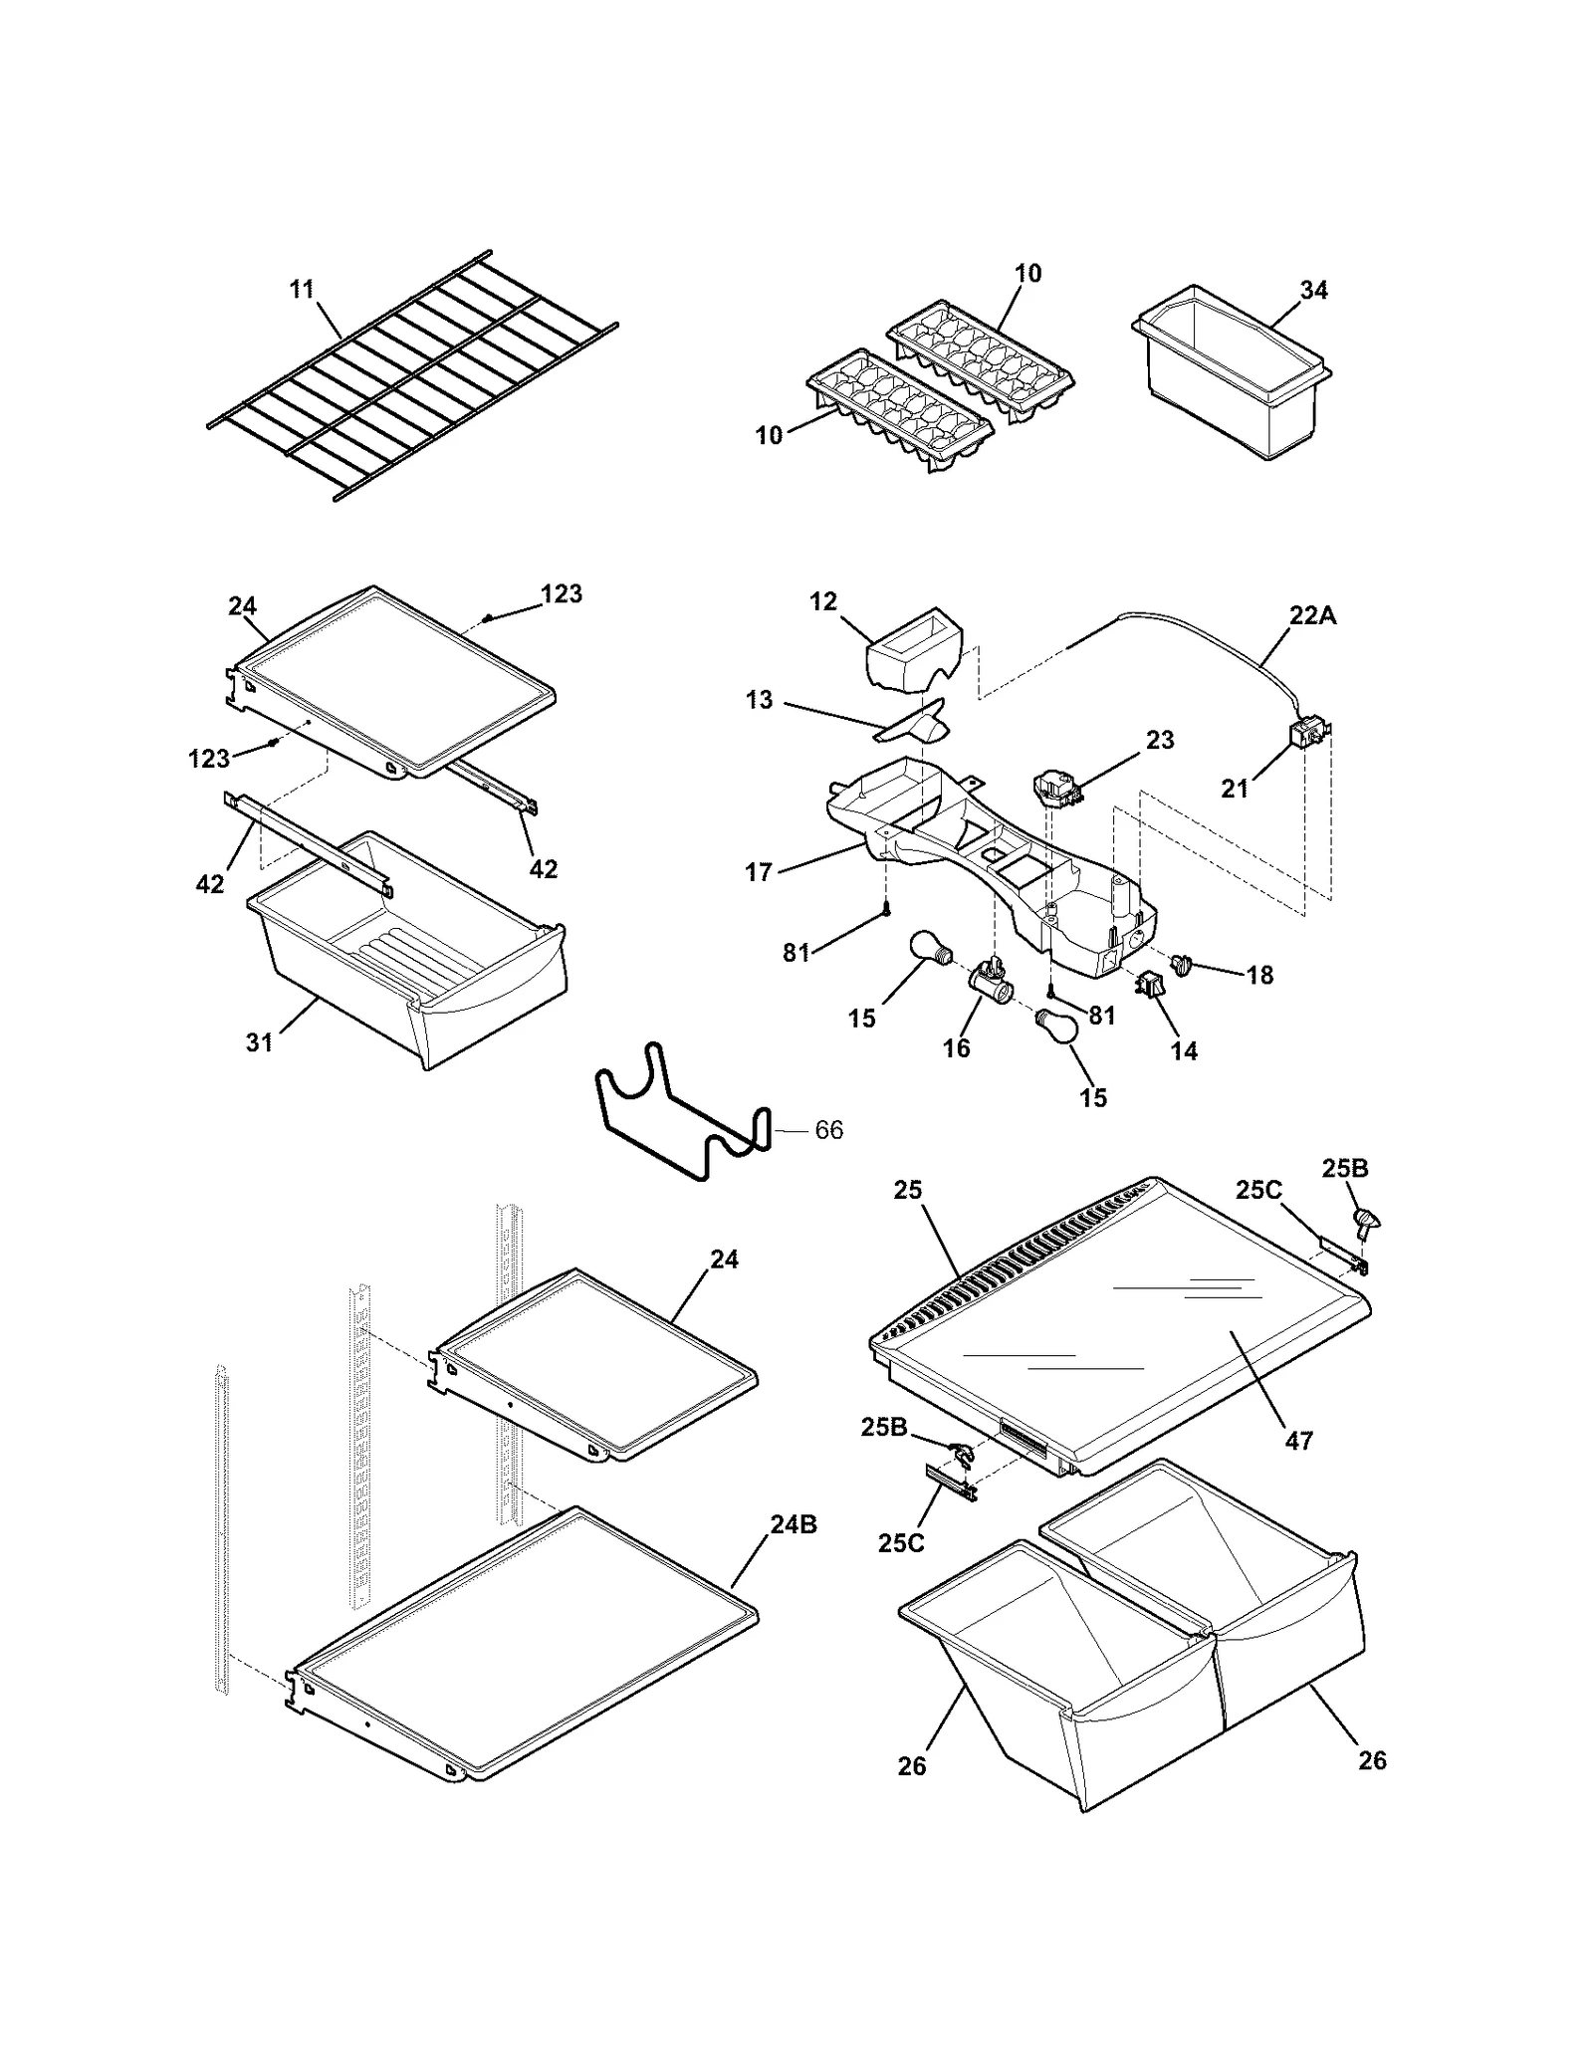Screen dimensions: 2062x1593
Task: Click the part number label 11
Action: click(x=302, y=290)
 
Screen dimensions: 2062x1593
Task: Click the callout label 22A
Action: click(x=1312, y=616)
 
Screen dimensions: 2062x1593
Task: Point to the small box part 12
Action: click(x=914, y=650)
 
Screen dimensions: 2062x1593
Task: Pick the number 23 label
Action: click(x=1160, y=740)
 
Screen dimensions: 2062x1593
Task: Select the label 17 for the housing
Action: click(x=759, y=872)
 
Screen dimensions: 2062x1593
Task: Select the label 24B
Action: click(x=793, y=1524)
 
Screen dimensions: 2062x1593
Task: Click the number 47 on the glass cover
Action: click(x=1298, y=1440)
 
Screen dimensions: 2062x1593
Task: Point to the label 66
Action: click(x=828, y=1130)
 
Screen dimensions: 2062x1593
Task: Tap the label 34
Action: click(x=1313, y=290)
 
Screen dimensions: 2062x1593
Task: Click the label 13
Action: click(x=759, y=700)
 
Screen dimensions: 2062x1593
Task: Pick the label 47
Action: click(x=1298, y=1440)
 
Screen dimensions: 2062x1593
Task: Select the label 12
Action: click(x=823, y=601)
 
